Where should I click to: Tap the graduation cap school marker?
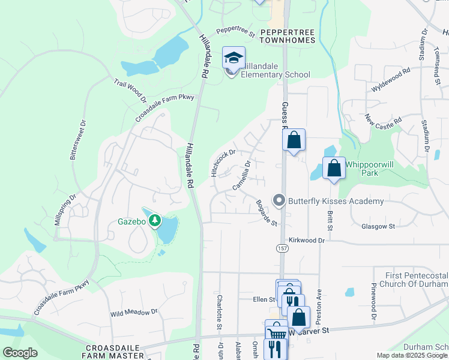234,58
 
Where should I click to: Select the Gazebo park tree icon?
155,221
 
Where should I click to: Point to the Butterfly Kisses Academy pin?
279,200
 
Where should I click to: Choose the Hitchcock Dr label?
223,163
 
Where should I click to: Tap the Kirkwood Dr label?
306,240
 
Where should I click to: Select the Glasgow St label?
378,226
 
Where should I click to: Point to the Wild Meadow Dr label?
134,313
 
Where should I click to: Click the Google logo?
20,353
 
